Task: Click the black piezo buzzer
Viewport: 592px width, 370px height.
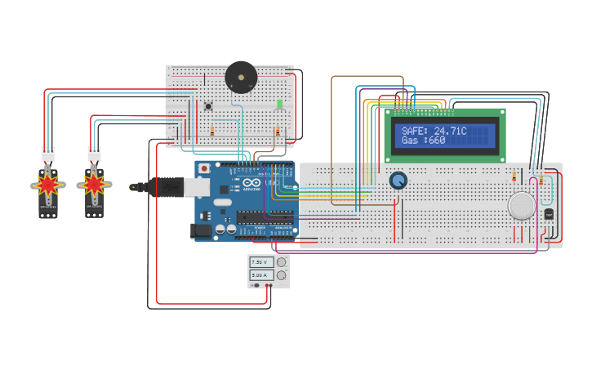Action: point(241,78)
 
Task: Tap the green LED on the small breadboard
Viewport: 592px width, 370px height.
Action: point(279,105)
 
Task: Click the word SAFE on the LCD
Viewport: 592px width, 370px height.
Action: point(415,131)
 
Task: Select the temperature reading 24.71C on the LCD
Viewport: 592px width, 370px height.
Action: point(450,131)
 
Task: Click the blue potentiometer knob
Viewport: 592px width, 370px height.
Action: point(398,181)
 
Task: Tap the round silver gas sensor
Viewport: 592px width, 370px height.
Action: point(522,205)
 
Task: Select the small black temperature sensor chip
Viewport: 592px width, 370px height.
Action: point(548,214)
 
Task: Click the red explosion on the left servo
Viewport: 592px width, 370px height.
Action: point(48,185)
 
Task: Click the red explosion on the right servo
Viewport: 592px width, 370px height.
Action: point(94,185)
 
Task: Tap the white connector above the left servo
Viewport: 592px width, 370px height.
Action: point(48,153)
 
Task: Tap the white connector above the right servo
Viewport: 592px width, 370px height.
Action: point(95,153)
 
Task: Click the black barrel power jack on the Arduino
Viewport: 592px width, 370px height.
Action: point(200,232)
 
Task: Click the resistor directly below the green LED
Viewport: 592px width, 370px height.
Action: point(278,132)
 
